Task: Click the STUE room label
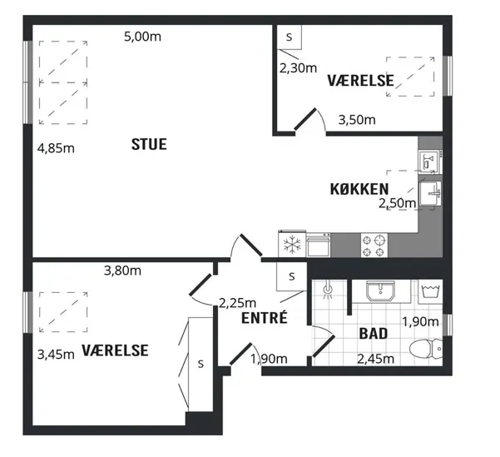(149, 144)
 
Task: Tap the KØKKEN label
(359, 189)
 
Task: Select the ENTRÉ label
(265, 318)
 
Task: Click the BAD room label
(374, 334)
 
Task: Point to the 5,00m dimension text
(142, 37)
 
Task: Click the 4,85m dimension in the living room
(56, 148)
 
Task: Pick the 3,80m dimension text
(122, 271)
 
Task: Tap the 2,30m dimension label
(298, 68)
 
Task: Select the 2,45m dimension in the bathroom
(376, 360)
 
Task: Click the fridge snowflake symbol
(292, 245)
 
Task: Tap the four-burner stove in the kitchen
(374, 245)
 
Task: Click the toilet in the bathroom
(426, 349)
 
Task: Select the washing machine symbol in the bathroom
(430, 291)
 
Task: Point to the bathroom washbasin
(380, 291)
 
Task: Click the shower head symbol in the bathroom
(328, 290)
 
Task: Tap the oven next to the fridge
(319, 245)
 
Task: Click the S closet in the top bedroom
(290, 37)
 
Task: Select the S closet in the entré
(291, 276)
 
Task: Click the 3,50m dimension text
(357, 120)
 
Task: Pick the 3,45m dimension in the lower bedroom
(56, 355)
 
